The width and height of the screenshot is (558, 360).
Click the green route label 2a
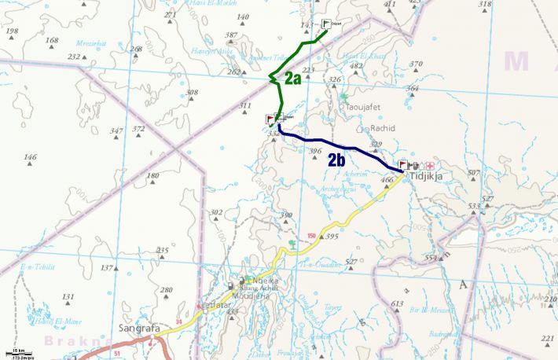[x=292, y=78]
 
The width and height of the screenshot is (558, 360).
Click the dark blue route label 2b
[x=337, y=160]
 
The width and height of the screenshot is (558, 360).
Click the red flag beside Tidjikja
[x=403, y=165]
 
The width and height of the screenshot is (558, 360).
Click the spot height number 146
[x=30, y=157]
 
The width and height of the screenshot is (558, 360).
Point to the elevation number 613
[x=397, y=303]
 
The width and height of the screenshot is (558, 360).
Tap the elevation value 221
[x=548, y=337]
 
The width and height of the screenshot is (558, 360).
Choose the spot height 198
[x=12, y=31]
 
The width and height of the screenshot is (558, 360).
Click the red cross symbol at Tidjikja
[x=430, y=165]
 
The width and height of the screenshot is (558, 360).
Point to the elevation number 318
[x=485, y=4]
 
